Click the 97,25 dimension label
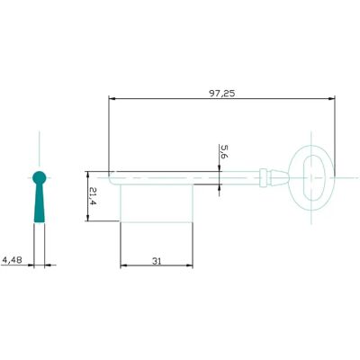point(222,94)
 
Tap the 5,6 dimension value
point(224,151)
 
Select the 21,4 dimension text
point(93,196)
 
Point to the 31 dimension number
point(157,261)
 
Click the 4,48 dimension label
point(12,260)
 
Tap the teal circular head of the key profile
point(40,177)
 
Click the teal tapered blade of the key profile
point(40,203)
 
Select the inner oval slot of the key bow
point(311,177)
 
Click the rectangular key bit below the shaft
point(157,203)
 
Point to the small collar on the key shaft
point(263,177)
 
